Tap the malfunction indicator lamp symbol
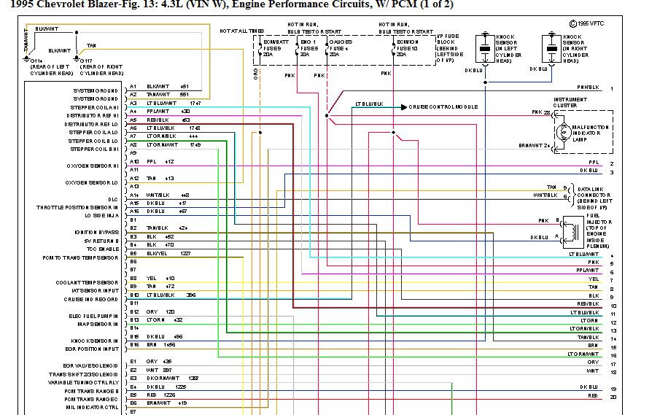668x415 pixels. (563, 132)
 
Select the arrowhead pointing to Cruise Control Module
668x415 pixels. (403, 106)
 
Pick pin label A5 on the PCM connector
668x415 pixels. (133, 120)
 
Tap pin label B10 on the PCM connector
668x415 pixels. (134, 295)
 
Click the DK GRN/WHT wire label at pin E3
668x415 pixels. (162, 378)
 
